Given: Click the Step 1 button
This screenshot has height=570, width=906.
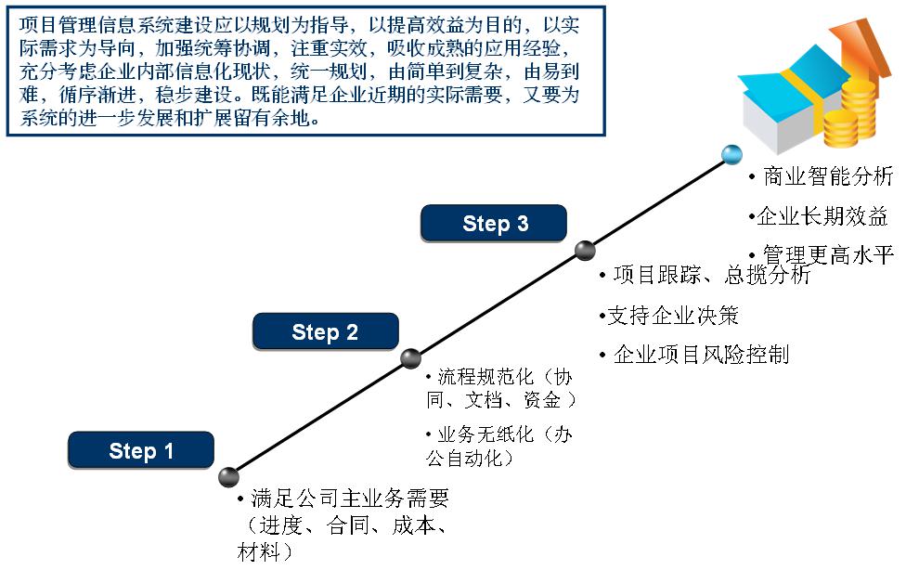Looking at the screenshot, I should pos(141,451).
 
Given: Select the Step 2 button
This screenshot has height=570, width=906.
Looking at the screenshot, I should pos(325,332).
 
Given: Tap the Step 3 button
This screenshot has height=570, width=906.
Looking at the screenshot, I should pos(495,224).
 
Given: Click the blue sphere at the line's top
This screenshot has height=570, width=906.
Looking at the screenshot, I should pos(732,154).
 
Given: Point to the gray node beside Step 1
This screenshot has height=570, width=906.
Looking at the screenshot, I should pos(228,477).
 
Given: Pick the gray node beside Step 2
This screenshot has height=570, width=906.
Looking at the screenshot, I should pos(410,358).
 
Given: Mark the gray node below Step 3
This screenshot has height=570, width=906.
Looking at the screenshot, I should pos(585,250).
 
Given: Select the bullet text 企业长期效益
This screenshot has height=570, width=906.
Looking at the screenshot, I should pos(822,218).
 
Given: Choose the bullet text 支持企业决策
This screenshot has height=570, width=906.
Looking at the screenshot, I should pos(672,316).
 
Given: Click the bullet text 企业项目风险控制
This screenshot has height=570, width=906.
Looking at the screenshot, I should pos(700,355).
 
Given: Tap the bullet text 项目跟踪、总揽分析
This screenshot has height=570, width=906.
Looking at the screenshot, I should pos(711,276).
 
